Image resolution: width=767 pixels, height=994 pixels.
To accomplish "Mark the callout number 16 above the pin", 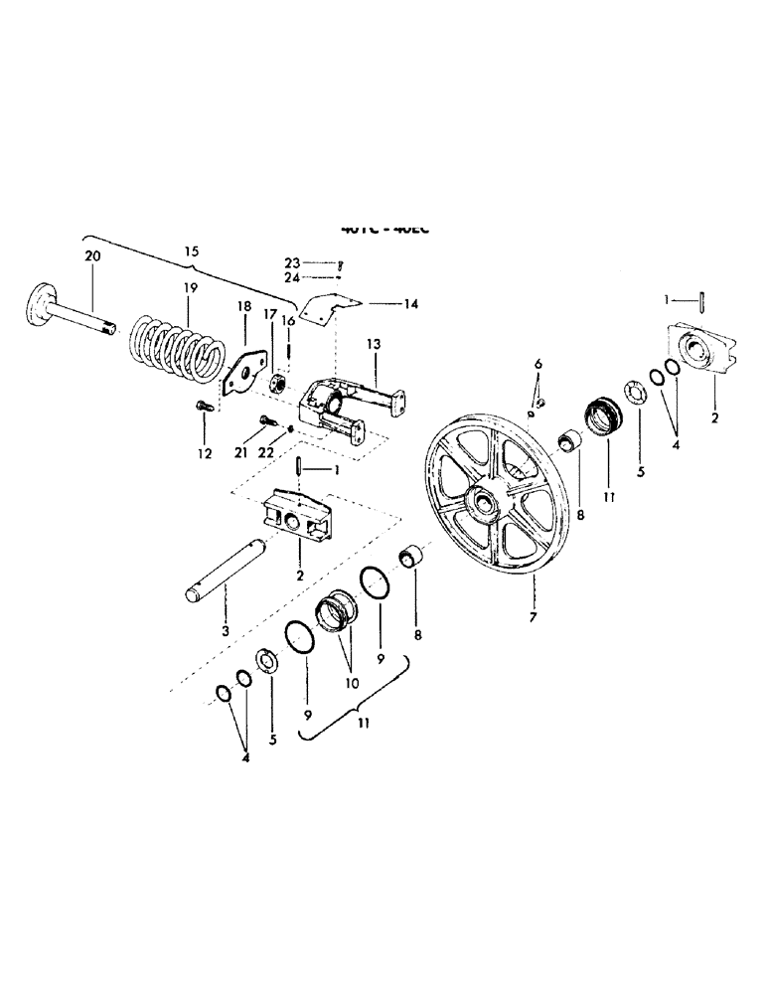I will pos(289,320).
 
